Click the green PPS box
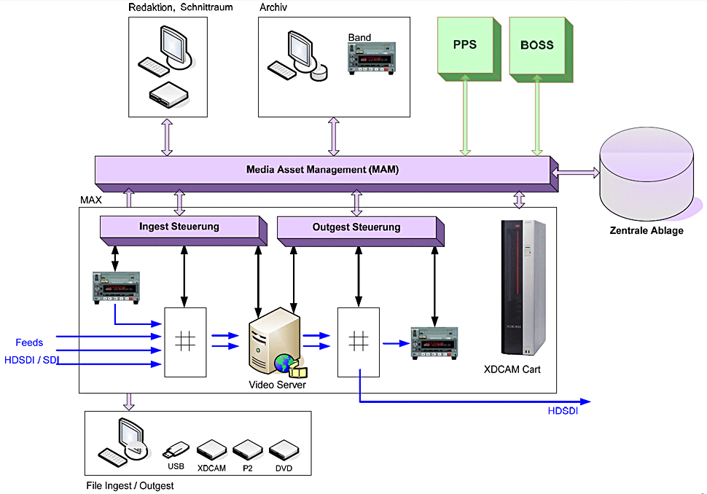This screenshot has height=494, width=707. click(465, 45)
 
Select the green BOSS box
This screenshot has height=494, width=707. click(537, 45)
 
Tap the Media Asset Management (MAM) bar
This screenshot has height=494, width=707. click(322, 170)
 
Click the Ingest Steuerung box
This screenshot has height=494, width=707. click(179, 227)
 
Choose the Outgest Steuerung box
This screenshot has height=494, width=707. click(356, 227)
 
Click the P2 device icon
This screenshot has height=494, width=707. click(246, 448)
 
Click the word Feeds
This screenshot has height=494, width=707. click(29, 342)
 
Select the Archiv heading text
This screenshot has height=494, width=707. click(273, 7)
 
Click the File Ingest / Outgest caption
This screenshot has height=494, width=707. click(130, 485)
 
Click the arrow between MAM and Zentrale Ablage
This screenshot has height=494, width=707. click(576, 173)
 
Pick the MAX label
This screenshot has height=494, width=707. click(91, 199)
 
